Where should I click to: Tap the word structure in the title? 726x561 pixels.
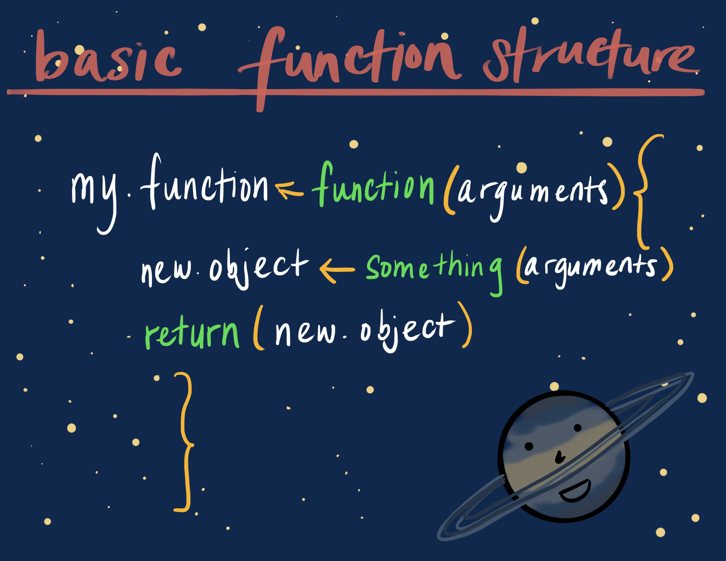pyautogui.click(x=592, y=55)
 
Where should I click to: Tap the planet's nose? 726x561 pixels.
pyautogui.click(x=559, y=457)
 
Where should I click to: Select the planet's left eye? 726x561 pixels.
pyautogui.click(x=528, y=446)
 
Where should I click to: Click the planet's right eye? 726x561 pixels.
pyautogui.click(x=578, y=428)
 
